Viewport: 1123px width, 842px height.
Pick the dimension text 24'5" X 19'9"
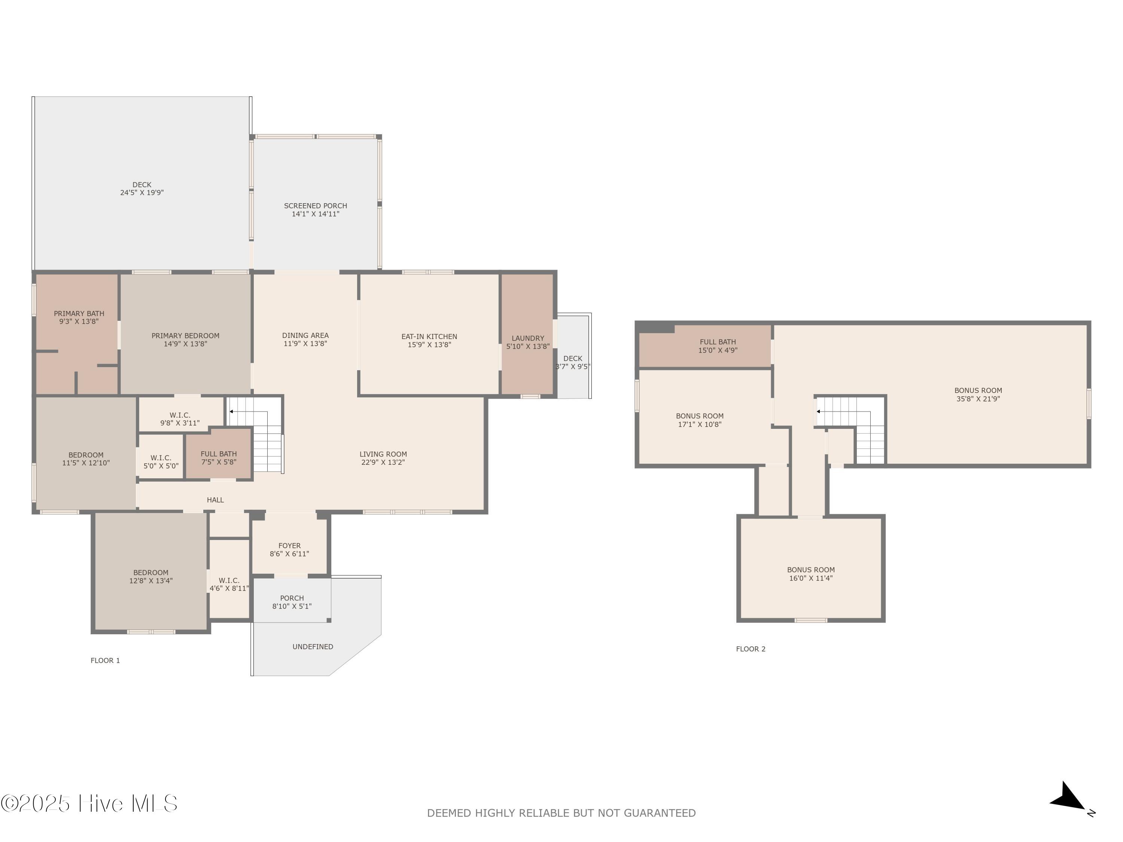click(x=141, y=193)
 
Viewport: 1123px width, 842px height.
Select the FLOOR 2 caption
click(x=751, y=649)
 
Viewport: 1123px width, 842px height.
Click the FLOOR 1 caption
click(x=105, y=660)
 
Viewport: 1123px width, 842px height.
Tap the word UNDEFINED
click(x=313, y=647)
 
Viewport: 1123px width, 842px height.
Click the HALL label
click(x=215, y=500)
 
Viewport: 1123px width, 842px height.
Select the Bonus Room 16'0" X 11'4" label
click(x=811, y=574)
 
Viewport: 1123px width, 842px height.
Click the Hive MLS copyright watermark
click(x=89, y=803)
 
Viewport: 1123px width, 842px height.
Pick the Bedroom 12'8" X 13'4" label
click(x=151, y=577)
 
